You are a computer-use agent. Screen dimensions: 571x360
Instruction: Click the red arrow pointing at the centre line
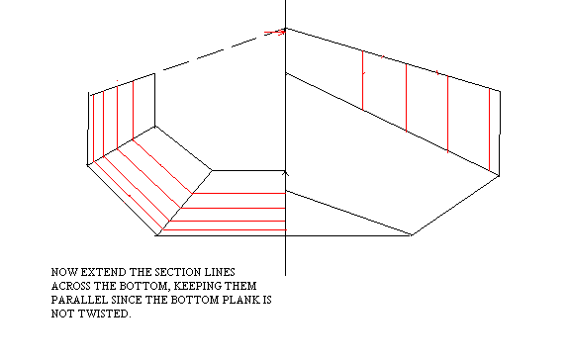tap(274, 33)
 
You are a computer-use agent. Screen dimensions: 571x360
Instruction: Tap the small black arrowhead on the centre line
tap(285, 174)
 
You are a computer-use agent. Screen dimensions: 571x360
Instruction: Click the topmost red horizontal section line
tap(238, 193)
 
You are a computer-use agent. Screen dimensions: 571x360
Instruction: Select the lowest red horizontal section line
tap(225, 229)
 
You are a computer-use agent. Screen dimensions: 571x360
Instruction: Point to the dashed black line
tap(224, 49)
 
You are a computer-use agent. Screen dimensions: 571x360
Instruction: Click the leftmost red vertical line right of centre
tap(363, 80)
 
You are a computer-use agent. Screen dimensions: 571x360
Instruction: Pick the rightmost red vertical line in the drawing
tap(490, 130)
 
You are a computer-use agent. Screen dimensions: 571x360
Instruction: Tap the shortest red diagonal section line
tap(162, 166)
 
